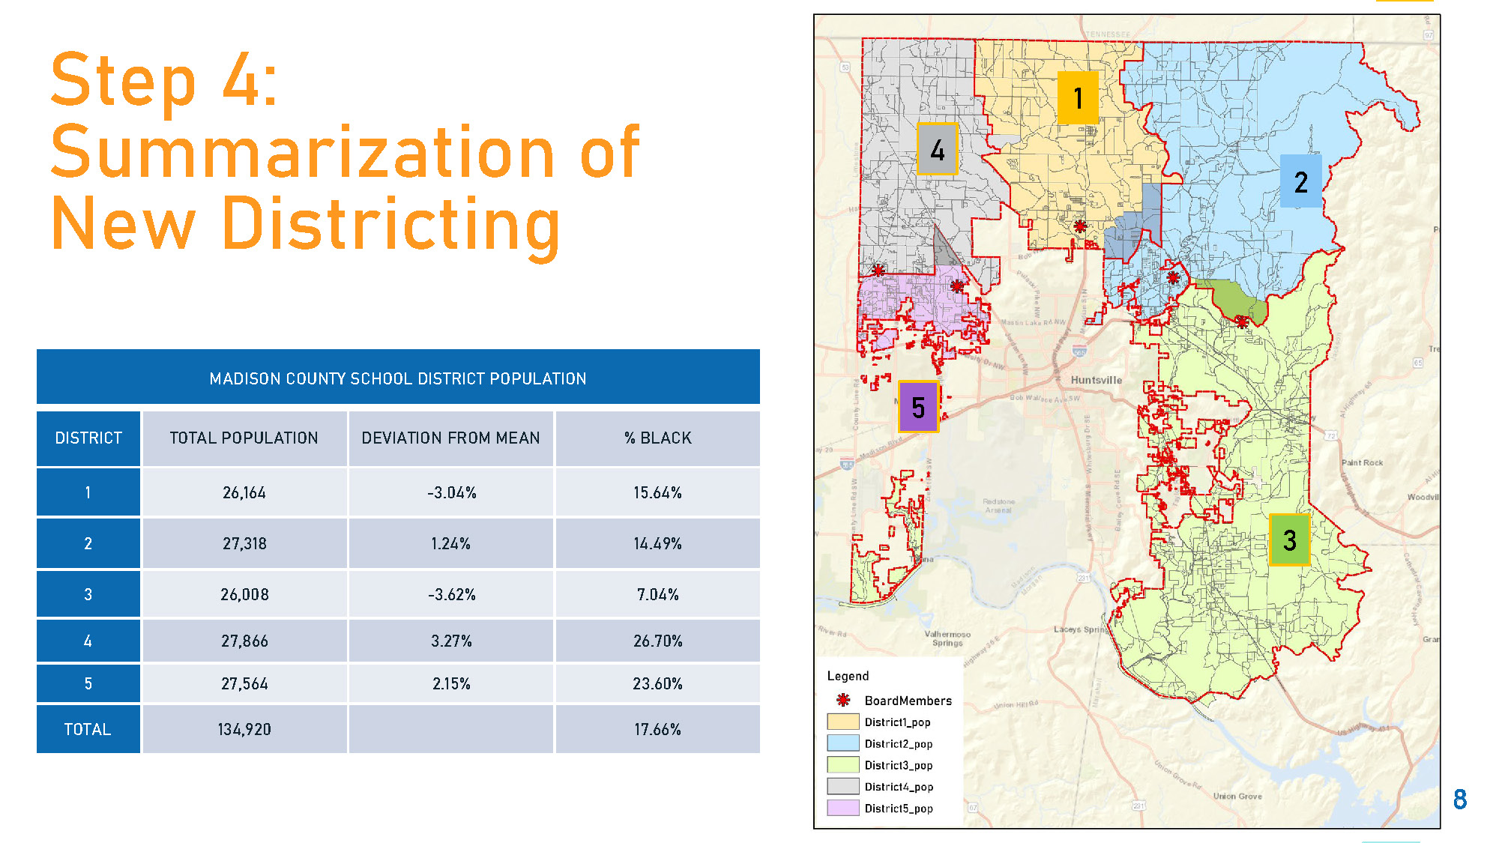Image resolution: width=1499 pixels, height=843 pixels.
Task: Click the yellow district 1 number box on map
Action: click(1078, 97)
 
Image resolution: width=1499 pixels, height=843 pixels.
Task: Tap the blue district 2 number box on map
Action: click(1300, 181)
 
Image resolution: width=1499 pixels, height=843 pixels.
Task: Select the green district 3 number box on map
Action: click(1289, 540)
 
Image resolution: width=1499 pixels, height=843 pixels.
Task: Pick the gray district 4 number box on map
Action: click(937, 150)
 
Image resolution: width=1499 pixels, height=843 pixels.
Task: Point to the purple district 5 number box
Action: click(918, 407)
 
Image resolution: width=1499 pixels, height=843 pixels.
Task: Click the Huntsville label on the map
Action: click(1096, 380)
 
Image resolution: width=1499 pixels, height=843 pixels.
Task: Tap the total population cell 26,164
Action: click(244, 492)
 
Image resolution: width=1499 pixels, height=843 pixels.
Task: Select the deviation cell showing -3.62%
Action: click(451, 594)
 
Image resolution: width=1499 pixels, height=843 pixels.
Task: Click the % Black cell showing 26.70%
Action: click(657, 641)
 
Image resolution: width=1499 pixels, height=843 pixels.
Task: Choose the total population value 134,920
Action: click(244, 729)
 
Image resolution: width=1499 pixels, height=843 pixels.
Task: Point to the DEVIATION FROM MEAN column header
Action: click(450, 438)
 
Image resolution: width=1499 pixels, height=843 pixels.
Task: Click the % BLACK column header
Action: click(657, 438)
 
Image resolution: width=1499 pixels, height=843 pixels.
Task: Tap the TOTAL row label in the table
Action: click(88, 729)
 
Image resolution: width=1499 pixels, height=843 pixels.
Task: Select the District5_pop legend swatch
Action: click(842, 808)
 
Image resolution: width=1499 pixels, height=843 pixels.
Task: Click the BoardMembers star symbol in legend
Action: click(843, 700)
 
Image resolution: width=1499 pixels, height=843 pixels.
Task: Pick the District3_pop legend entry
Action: click(898, 765)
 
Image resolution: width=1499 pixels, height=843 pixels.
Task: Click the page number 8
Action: click(1459, 800)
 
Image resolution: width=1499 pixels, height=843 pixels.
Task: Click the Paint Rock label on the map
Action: click(1362, 462)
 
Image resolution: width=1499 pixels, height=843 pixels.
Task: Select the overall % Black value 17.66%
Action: click(657, 729)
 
